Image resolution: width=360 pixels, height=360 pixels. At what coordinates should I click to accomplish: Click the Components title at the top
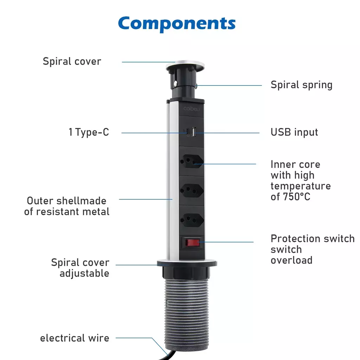pyautogui.click(x=177, y=24)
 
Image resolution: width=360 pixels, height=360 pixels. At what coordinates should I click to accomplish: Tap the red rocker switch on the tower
pyautogui.click(x=192, y=243)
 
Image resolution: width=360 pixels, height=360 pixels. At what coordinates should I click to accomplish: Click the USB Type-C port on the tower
pyautogui.click(x=188, y=132)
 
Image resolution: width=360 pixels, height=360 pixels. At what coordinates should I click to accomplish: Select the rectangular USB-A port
pyautogui.click(x=193, y=132)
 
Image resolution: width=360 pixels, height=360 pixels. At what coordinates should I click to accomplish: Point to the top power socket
pyautogui.click(x=192, y=161)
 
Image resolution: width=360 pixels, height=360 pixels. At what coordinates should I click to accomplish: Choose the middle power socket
pyautogui.click(x=192, y=190)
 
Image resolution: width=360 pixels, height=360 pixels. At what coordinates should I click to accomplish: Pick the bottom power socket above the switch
pyautogui.click(x=192, y=220)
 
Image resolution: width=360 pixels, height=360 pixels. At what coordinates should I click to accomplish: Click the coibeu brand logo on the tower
pyautogui.click(x=192, y=109)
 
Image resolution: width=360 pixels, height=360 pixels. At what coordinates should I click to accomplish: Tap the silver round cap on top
pyautogui.click(x=185, y=65)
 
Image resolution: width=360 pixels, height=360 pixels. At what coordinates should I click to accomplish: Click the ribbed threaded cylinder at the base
pyautogui.click(x=186, y=312)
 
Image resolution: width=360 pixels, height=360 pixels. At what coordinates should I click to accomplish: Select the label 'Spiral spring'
pyautogui.click(x=301, y=85)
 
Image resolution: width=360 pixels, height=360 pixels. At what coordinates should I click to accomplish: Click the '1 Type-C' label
pyautogui.click(x=89, y=132)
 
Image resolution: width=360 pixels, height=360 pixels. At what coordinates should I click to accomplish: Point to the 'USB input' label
pyautogui.click(x=294, y=132)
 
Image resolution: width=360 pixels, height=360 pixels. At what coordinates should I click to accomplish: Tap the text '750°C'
pyautogui.click(x=297, y=197)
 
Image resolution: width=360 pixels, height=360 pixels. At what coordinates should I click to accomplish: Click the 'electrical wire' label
pyautogui.click(x=75, y=338)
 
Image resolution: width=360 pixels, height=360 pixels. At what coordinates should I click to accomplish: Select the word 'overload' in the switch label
pyautogui.click(x=291, y=261)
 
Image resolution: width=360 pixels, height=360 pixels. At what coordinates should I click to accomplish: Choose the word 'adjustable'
pyautogui.click(x=84, y=274)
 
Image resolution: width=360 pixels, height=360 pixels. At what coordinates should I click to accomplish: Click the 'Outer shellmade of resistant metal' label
pyautogui.click(x=67, y=206)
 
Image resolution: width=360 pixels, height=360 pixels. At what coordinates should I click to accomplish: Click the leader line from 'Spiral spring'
pyautogui.click(x=229, y=85)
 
